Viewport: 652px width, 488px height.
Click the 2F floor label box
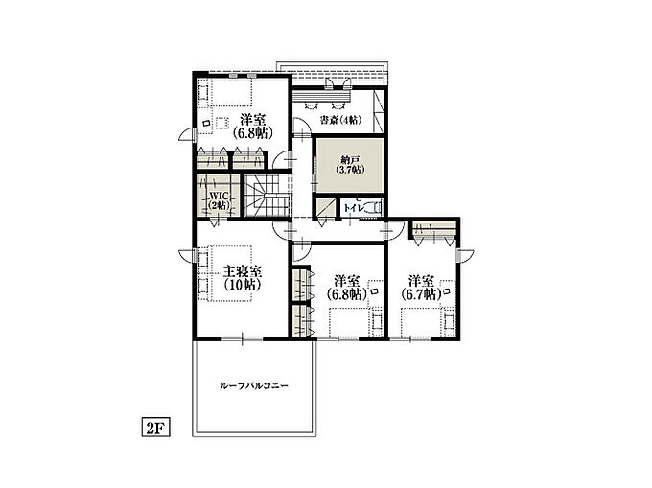coord(156,428)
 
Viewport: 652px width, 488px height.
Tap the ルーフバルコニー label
coord(254,386)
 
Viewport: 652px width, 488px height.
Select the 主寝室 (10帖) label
coord(243,278)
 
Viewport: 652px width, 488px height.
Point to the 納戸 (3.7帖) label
coord(350,165)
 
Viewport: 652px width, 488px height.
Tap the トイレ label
coord(354,208)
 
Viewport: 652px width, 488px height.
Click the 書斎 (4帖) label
coord(340,120)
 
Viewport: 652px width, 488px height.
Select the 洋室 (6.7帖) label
coord(421,288)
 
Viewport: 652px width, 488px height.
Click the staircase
coord(268,195)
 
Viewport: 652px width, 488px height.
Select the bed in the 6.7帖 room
coord(428,322)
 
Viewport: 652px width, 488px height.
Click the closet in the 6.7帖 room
coord(434,231)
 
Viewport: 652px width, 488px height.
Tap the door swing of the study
coord(300,126)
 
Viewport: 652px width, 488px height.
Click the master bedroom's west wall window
coord(195,255)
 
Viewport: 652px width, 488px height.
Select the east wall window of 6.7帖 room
coord(458,255)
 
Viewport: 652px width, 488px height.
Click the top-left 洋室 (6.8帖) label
coord(252,127)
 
